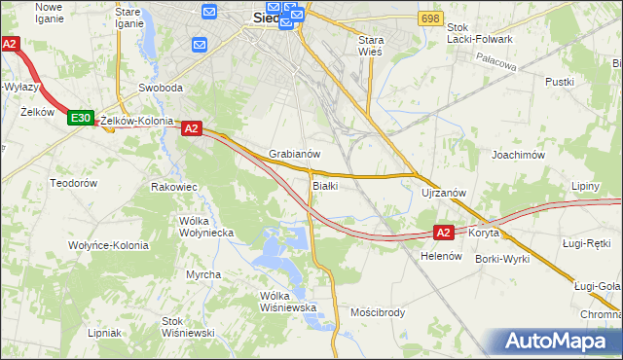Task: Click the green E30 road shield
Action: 81,118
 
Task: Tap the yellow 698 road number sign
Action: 429,18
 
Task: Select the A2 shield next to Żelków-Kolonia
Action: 191,127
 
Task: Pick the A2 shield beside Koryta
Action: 443,233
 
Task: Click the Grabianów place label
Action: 294,155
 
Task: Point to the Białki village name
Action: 325,186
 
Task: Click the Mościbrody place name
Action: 377,313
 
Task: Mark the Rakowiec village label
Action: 174,186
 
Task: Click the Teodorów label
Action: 74,183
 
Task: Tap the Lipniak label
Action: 103,332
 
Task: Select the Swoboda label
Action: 161,88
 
